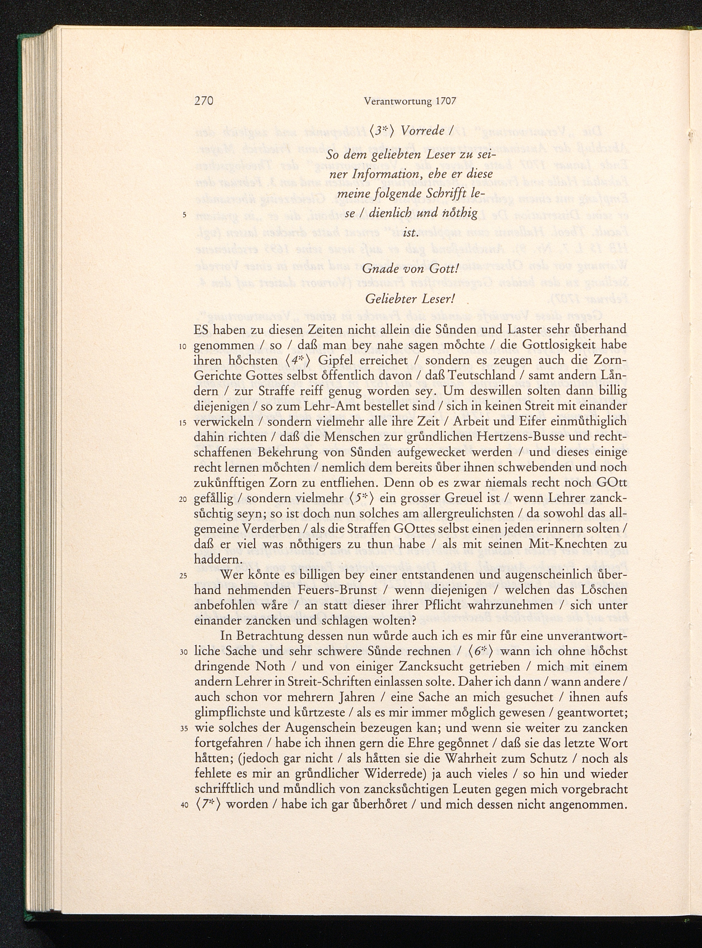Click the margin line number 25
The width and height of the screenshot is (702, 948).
point(184,576)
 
